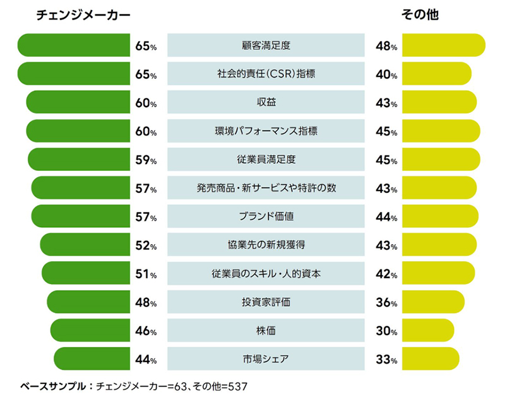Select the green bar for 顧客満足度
[x=74, y=45]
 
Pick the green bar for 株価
[x=90, y=331]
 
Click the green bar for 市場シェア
[x=92, y=359]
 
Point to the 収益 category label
[x=266, y=103]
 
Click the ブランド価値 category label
[x=266, y=216]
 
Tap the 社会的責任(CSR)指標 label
[x=266, y=74]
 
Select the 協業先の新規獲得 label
[x=266, y=245]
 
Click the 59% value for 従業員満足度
[x=145, y=160]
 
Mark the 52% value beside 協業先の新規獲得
[x=145, y=245]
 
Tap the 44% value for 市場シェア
[x=145, y=360]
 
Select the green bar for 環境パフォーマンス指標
[x=78, y=131]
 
